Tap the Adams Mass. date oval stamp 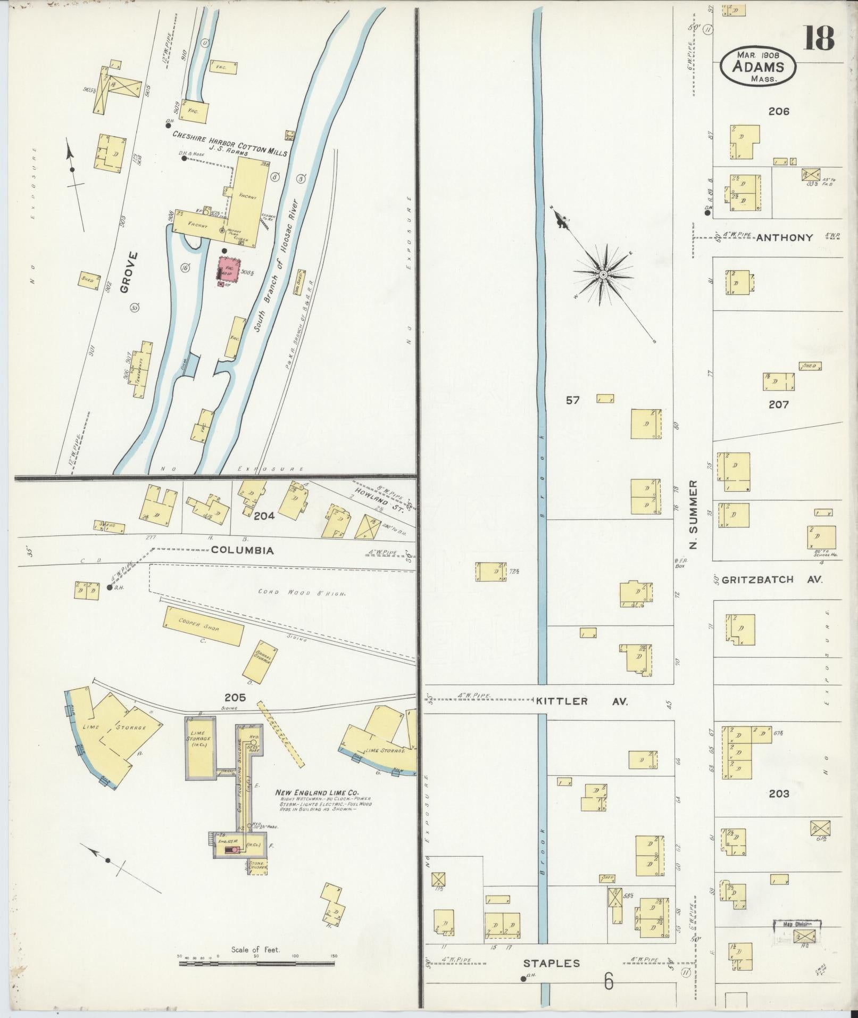tap(758, 66)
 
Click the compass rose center tap(604, 275)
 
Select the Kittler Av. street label tap(581, 701)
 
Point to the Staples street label tap(551, 963)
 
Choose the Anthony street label tap(784, 238)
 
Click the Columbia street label tap(243, 550)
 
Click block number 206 tap(778, 111)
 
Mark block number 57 tap(572, 400)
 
